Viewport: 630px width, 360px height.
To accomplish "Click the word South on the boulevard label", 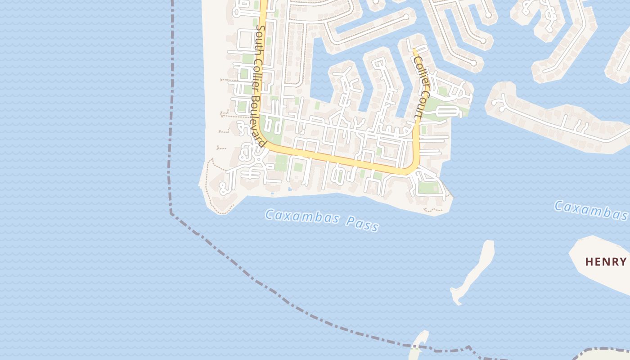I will [x=260, y=36].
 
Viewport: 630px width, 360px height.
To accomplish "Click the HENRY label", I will [x=606, y=261].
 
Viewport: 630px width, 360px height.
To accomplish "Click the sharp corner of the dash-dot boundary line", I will [x=171, y=212].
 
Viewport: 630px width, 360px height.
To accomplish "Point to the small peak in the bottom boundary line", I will [x=468, y=347].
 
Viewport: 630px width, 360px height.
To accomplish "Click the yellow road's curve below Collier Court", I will [x=413, y=168].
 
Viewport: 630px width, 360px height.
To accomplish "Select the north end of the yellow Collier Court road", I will [x=414, y=50].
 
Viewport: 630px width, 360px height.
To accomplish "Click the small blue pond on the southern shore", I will [x=289, y=189].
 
